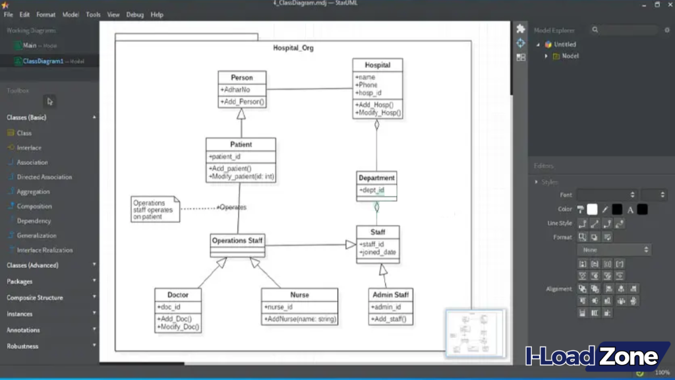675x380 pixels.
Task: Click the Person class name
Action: pos(241,78)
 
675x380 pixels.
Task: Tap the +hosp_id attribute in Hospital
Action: pos(369,93)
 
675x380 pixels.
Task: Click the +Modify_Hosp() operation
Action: pos(378,113)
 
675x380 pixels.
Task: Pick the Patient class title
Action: pos(241,144)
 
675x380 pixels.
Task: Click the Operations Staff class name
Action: pos(237,241)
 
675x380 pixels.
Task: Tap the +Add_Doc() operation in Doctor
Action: pos(175,319)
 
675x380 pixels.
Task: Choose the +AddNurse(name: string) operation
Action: pos(300,319)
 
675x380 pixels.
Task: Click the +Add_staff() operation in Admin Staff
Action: pos(389,319)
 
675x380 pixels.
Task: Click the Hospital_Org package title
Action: pos(293,48)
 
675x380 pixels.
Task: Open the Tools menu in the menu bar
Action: pos(93,15)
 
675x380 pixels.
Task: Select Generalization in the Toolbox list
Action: pos(36,236)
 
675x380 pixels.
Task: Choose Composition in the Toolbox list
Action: pos(34,206)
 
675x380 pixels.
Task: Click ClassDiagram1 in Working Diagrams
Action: pos(44,61)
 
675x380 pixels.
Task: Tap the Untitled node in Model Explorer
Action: pos(565,44)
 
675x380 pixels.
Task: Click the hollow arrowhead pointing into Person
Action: pos(241,113)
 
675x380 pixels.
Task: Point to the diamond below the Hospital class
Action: pos(377,124)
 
